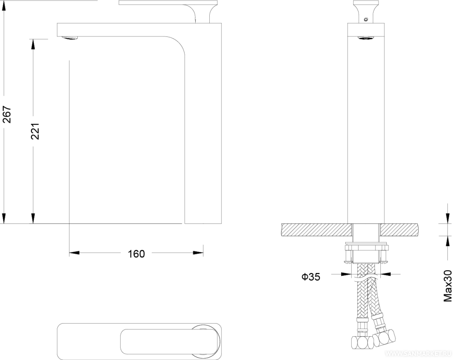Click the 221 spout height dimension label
35,131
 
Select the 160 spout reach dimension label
136,254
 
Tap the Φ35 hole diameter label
311,277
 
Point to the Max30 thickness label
448,286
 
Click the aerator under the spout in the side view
71,38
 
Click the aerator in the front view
366,38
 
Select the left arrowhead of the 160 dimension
74,253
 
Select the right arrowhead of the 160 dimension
198,253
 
